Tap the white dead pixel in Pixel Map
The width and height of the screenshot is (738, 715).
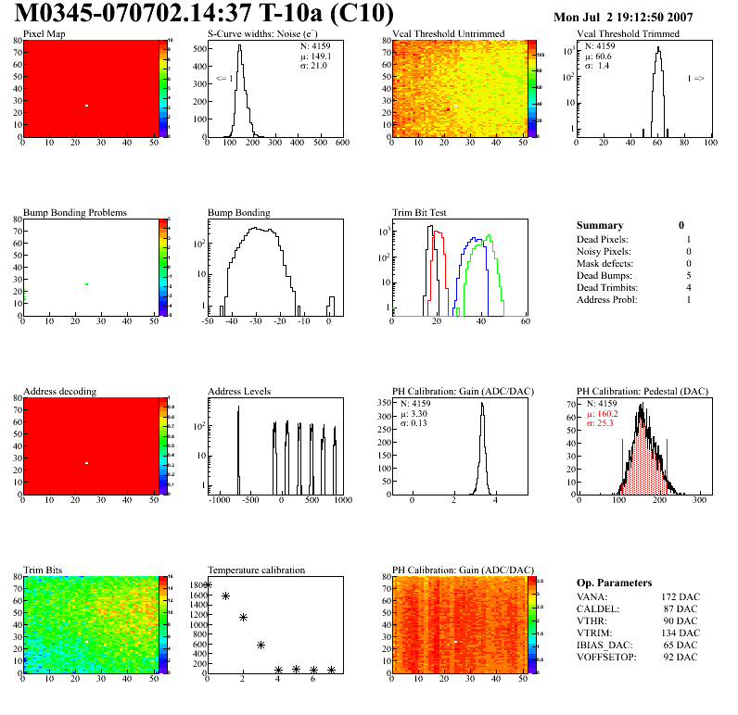point(86,106)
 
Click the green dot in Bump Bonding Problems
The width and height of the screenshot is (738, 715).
point(86,284)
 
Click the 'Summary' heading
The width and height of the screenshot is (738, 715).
point(600,225)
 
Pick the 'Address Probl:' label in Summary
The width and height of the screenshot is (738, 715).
point(608,300)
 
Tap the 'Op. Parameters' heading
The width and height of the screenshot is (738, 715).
point(614,583)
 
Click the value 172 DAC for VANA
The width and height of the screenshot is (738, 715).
point(681,596)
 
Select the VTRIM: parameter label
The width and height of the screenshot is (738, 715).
point(593,633)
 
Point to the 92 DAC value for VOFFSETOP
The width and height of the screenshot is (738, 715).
point(684,657)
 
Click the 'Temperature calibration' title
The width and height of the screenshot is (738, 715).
point(257,570)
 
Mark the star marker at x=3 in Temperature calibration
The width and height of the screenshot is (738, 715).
point(261,645)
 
